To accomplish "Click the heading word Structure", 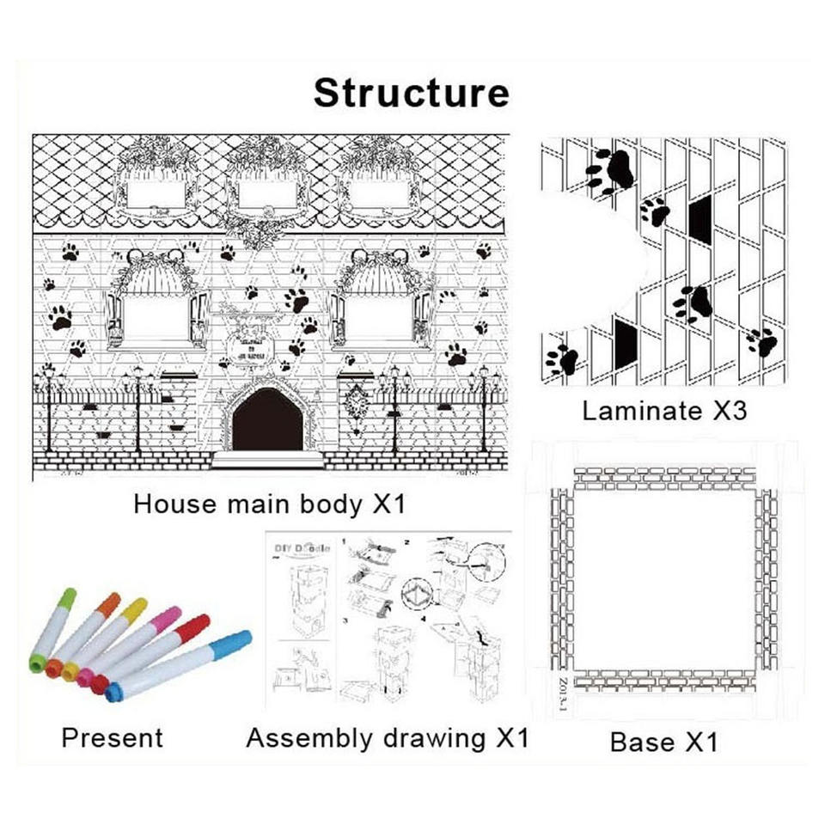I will point(411,93).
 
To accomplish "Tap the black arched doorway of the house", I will point(268,420).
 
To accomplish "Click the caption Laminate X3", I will point(664,411).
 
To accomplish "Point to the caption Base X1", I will point(663,742).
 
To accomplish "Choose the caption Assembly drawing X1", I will point(387,738).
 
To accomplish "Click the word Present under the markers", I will point(112,738).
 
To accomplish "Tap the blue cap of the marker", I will point(230,644).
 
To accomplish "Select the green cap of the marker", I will point(65,598).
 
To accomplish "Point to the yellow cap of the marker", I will point(133,610).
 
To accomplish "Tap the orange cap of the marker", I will point(107,603).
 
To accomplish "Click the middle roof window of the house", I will point(267,195).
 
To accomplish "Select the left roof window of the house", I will point(156,193).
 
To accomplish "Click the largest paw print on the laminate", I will point(611,171).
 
